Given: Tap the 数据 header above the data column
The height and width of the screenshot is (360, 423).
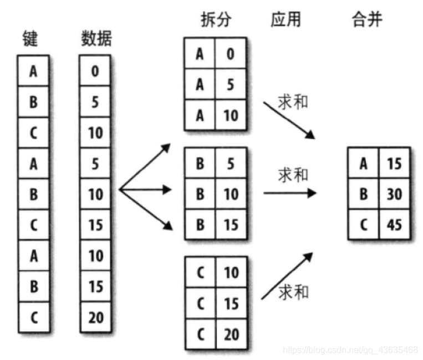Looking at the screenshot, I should click(x=96, y=39).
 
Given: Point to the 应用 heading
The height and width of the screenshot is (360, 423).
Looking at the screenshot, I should click(x=286, y=19).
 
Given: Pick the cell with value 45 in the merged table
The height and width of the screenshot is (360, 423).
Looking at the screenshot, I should click(x=395, y=225).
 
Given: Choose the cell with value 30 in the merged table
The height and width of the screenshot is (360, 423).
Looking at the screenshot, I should click(x=395, y=194).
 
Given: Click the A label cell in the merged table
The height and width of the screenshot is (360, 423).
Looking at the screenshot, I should click(x=364, y=164).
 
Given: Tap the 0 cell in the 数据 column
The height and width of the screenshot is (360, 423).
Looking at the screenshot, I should click(x=95, y=71).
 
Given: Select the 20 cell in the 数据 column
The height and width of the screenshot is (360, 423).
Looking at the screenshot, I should click(x=95, y=318).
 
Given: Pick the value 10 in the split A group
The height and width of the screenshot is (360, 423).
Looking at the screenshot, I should click(x=231, y=115).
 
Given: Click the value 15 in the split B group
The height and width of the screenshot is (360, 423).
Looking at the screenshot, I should click(x=231, y=225).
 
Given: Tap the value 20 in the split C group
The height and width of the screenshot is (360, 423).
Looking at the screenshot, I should click(x=231, y=334).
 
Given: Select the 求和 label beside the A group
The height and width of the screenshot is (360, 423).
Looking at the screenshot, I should click(x=292, y=102).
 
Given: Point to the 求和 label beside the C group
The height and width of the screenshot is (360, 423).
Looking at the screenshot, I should click(x=293, y=291).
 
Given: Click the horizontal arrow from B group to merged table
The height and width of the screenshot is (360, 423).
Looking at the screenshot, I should click(x=289, y=194).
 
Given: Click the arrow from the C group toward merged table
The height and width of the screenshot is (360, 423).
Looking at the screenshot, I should click(x=287, y=276).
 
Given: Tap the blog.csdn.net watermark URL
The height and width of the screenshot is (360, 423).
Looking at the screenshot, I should click(x=350, y=349).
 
